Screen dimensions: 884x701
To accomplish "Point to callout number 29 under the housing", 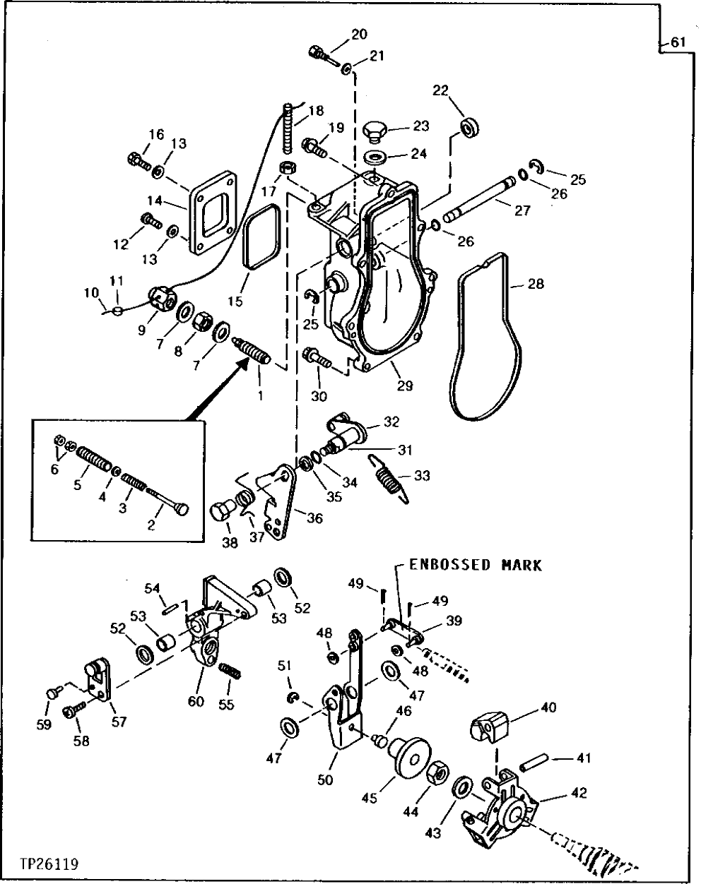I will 404,386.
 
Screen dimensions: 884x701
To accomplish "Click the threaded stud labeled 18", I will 289,130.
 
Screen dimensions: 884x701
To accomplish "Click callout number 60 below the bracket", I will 195,701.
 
